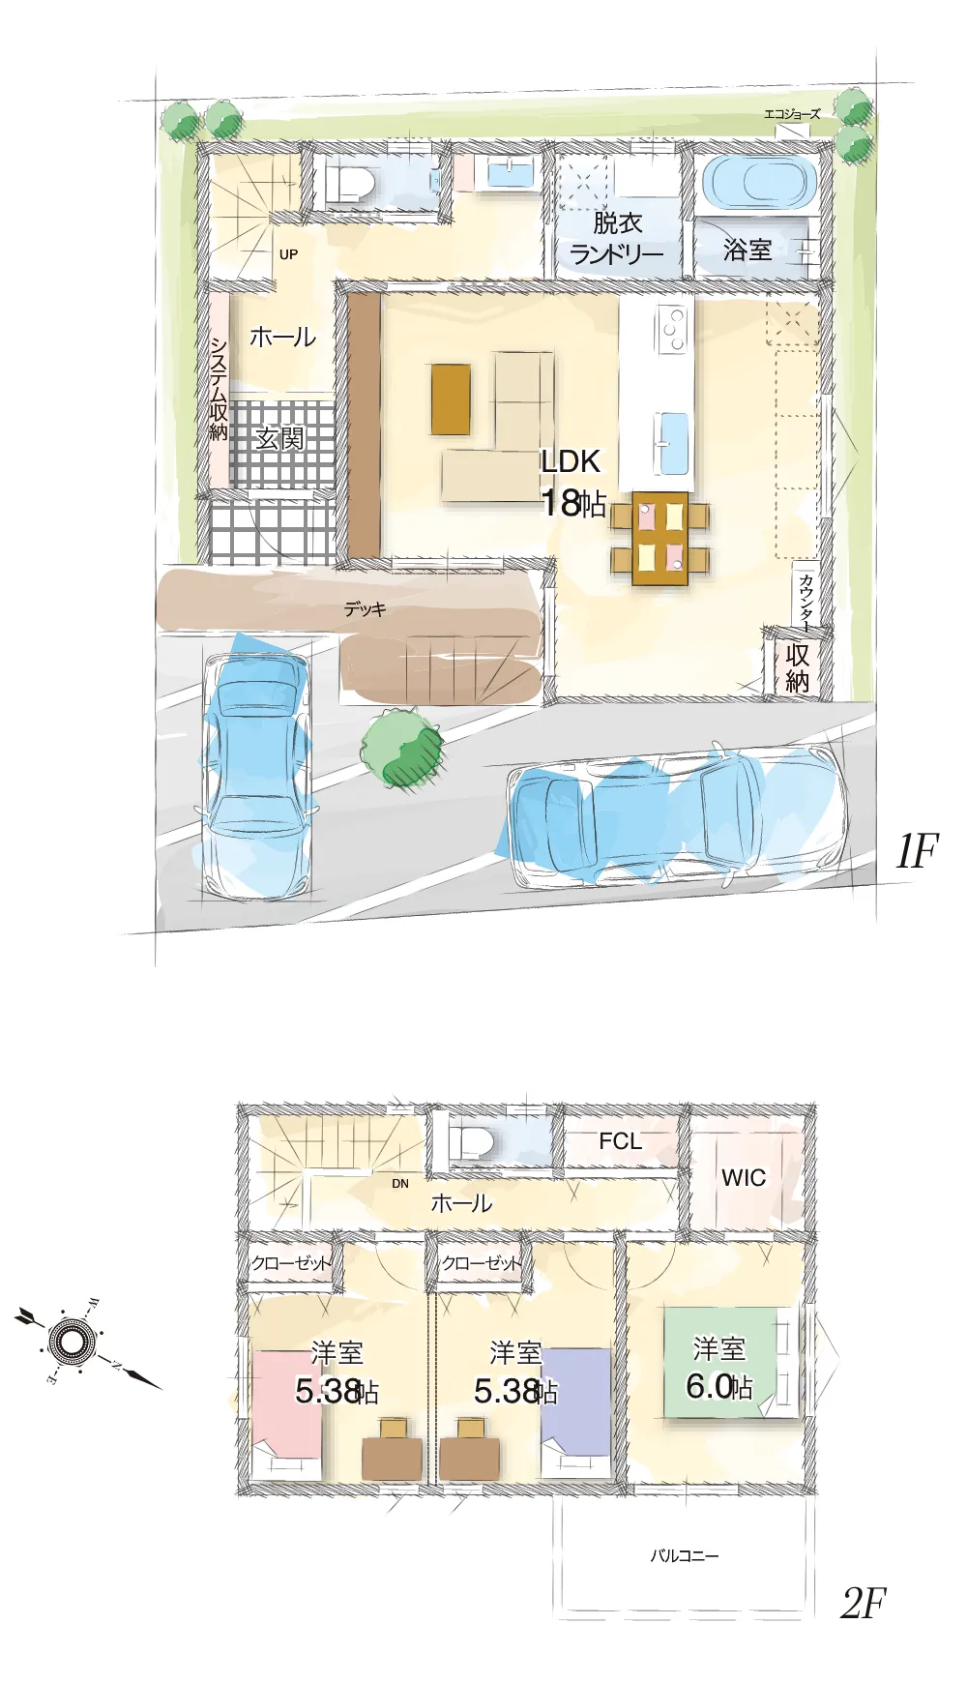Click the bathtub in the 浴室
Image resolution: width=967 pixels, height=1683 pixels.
759,181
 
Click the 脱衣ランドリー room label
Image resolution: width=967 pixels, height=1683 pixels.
617,238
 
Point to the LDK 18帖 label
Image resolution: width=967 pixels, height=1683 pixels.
572,483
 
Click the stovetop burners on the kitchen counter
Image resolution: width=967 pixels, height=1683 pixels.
671,328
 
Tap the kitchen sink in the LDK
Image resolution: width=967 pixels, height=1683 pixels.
672,443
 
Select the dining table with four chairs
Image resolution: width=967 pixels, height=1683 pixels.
660,539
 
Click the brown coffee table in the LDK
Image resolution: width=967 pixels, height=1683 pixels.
451,399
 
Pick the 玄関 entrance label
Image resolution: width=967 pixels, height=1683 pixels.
280,438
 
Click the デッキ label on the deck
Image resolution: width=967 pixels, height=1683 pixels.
365,609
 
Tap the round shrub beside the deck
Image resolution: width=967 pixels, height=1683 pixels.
402,748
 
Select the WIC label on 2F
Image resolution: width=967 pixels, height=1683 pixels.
744,1178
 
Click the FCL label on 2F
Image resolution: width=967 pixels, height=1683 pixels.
620,1141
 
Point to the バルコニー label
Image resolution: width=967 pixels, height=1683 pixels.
685,1555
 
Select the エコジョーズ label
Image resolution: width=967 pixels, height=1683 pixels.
792,114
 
